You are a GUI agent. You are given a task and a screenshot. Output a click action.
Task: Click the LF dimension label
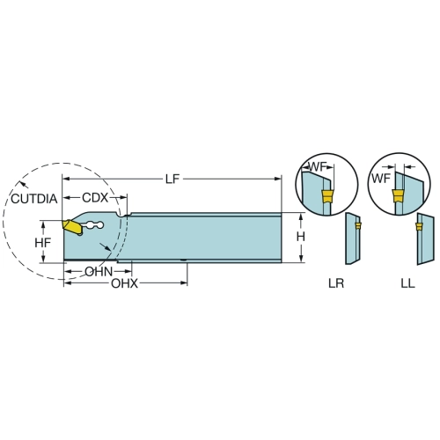click(x=172, y=179)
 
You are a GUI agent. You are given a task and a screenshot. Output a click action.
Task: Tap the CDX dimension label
click(x=95, y=198)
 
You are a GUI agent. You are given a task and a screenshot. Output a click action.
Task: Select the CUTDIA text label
click(x=34, y=199)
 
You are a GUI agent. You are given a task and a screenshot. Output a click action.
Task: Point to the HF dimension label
click(x=43, y=243)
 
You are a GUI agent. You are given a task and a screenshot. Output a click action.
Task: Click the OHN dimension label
click(x=99, y=272)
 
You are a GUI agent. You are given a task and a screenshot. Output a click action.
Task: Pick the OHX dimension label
click(x=124, y=283)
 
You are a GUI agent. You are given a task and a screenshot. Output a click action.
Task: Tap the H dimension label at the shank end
click(x=301, y=237)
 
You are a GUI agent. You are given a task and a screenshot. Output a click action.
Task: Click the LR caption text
click(x=336, y=283)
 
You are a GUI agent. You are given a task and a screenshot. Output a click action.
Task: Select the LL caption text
click(x=407, y=283)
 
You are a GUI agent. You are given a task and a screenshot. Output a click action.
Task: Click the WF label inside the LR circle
click(x=318, y=167)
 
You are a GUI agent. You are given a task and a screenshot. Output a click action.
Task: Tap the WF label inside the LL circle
click(x=381, y=178)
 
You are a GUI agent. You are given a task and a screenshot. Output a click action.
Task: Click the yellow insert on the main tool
click(x=70, y=226)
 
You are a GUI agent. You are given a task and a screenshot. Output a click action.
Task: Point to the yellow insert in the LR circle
click(x=327, y=196)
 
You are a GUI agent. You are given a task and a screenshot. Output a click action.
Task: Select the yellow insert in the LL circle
click(x=398, y=196)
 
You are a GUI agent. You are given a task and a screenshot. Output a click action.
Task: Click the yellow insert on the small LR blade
click(x=358, y=225)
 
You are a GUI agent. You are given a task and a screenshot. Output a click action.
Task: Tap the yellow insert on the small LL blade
click(x=419, y=226)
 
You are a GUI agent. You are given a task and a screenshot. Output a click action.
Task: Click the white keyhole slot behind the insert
click(x=93, y=225)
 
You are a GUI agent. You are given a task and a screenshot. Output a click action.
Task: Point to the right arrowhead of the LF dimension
click(x=278, y=179)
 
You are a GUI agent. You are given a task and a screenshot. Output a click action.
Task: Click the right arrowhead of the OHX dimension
click(x=184, y=283)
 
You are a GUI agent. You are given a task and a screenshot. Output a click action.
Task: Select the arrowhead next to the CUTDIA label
click(x=23, y=184)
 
